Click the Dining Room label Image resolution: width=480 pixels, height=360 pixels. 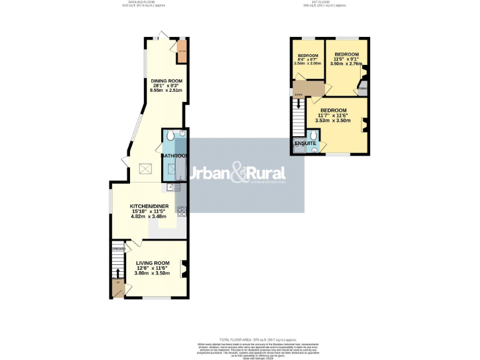pyautogui.click(x=166, y=81)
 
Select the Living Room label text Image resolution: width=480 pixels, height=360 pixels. pyautogui.click(x=153, y=263)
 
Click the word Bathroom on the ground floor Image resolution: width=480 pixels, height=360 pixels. pyautogui.click(x=176, y=156)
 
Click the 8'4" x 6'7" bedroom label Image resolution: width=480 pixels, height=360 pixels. pyautogui.click(x=309, y=54)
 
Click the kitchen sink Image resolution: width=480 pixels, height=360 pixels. pyautogui.click(x=174, y=186)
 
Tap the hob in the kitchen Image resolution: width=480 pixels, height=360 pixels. pyautogui.click(x=182, y=211)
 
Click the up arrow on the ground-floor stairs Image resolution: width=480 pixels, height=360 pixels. pyautogui.click(x=117, y=272)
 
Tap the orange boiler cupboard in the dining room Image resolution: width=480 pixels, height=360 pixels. pyautogui.click(x=182, y=53)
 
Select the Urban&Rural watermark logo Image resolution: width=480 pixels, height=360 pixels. pyautogui.click(x=237, y=174)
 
